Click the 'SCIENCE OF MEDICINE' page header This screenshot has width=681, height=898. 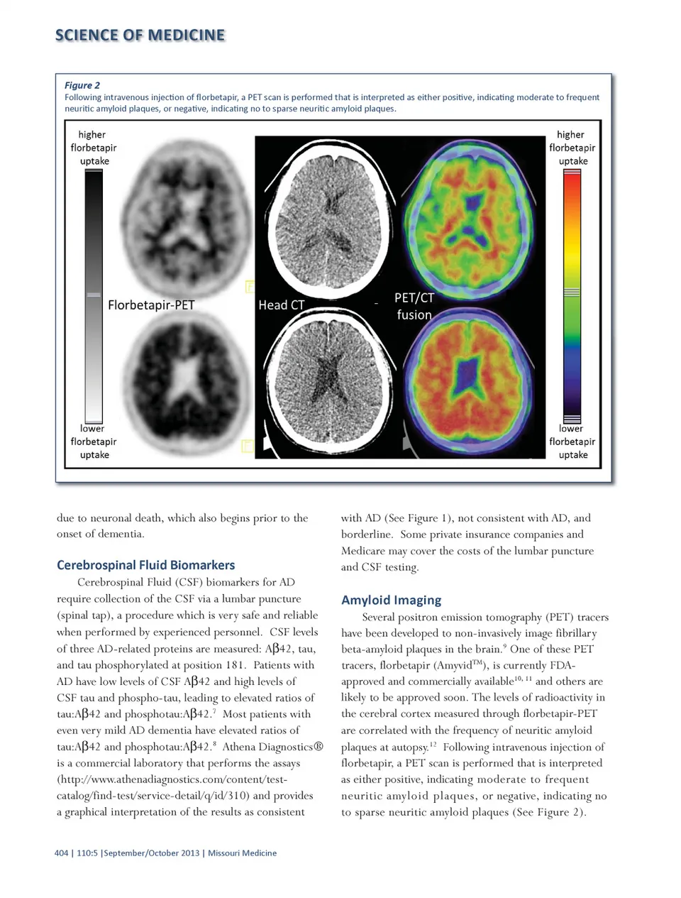coord(140,35)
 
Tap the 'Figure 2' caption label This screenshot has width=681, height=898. coord(82,85)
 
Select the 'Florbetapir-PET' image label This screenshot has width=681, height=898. coord(151,305)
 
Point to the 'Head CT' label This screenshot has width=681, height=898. coord(281,305)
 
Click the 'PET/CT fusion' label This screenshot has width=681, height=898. coord(414,306)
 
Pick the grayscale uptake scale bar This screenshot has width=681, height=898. coord(94,296)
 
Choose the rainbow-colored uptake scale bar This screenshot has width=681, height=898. coord(572,296)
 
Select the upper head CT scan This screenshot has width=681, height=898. coord(329,213)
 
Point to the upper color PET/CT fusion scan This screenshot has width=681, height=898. coord(470,213)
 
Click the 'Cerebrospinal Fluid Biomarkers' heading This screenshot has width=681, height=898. coord(145,565)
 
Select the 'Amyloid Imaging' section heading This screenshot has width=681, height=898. coord(391,600)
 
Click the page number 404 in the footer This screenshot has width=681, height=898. coord(61,853)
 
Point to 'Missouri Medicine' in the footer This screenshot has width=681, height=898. coord(242,853)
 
